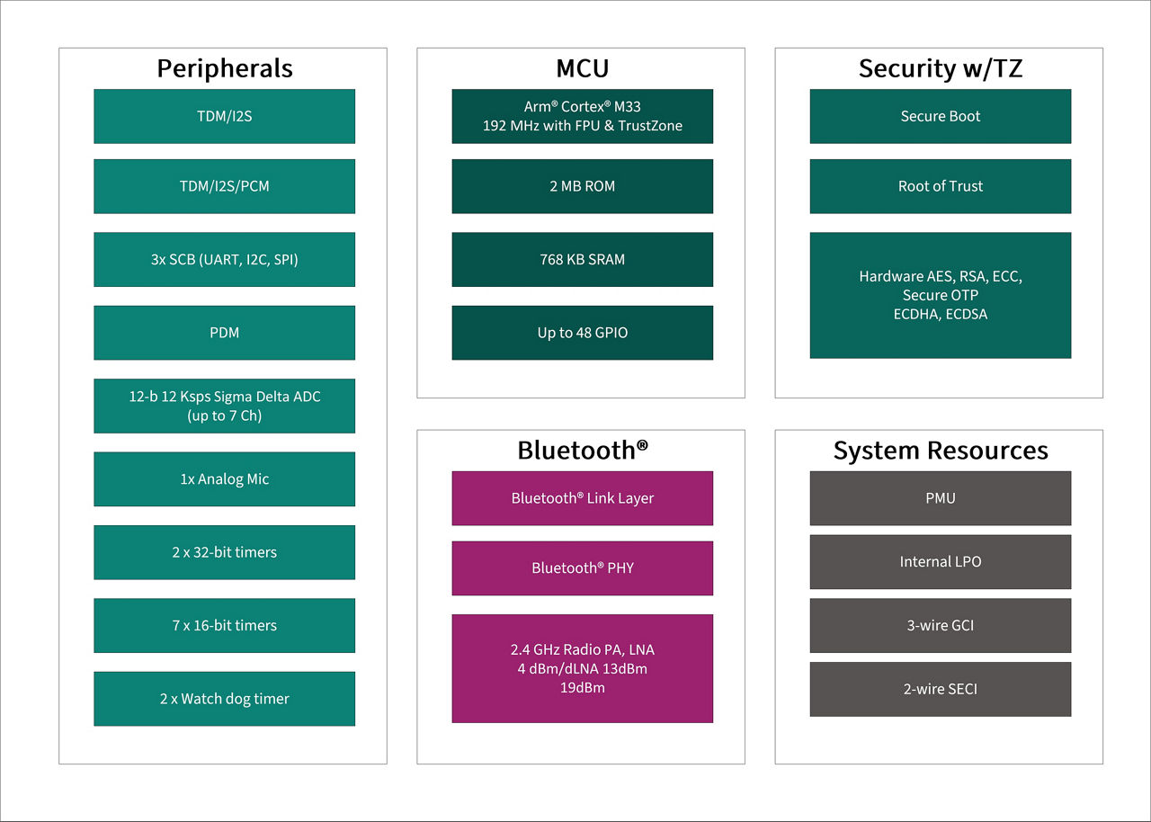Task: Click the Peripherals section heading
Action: click(224, 68)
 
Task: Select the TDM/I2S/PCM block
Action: click(224, 186)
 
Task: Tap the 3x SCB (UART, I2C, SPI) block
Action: click(224, 259)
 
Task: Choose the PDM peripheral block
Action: click(224, 333)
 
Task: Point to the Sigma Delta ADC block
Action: click(224, 406)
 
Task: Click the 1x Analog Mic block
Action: click(224, 478)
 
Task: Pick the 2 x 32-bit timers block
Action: click(224, 552)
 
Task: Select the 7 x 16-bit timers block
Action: click(224, 625)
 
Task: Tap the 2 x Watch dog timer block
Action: click(224, 699)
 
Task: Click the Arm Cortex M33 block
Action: click(582, 116)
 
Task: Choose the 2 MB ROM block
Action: click(582, 186)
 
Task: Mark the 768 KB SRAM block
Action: click(582, 259)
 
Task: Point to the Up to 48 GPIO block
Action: click(582, 333)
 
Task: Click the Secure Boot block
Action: click(940, 116)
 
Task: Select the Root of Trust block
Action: click(940, 186)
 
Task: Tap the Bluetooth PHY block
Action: click(582, 568)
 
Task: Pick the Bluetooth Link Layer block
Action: click(582, 498)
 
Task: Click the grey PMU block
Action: click(940, 498)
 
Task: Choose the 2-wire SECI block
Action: click(940, 689)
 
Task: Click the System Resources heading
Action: click(940, 451)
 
